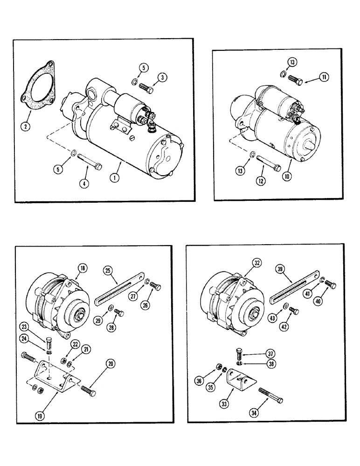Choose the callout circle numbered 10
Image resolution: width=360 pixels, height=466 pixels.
pyautogui.click(x=288, y=177)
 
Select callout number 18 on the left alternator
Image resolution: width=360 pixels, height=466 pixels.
pyautogui.click(x=83, y=267)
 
